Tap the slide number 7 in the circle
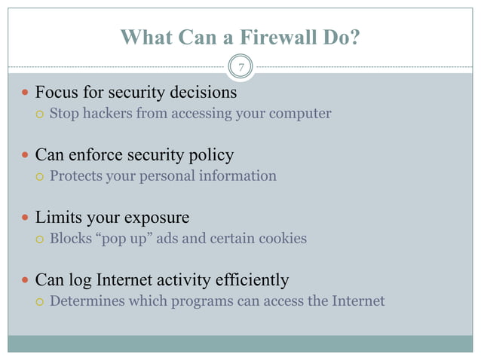click(x=240, y=69)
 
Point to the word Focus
click(x=57, y=93)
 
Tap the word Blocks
click(x=71, y=239)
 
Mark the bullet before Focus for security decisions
click(x=25, y=94)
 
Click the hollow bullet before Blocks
click(x=38, y=239)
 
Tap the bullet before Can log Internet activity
click(x=25, y=282)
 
